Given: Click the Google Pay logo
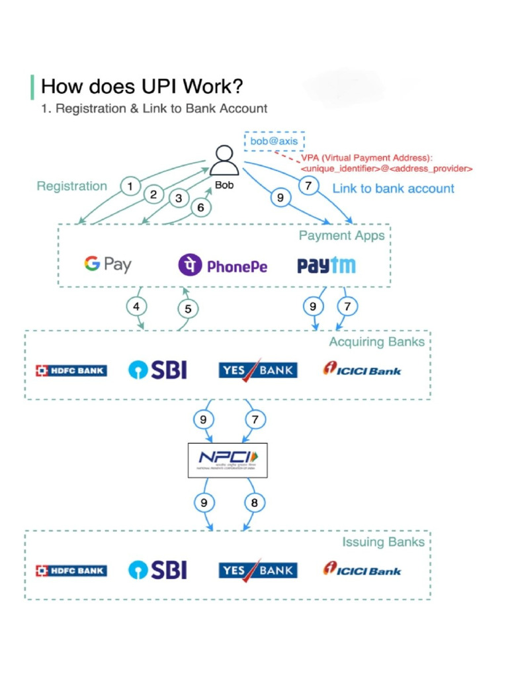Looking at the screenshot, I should coord(107,264).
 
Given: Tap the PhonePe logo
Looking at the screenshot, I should coord(223,266).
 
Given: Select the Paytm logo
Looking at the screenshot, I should coord(326,266).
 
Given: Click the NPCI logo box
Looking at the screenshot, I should coord(228,459).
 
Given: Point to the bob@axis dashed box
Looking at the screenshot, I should coord(274,141).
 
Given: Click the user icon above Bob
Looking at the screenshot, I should coord(225,161).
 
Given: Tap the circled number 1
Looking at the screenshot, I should coord(130,187).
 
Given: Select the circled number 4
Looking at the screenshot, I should coord(136,306).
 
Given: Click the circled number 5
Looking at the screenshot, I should coord(188,309).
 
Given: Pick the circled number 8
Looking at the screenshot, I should coord(254,503).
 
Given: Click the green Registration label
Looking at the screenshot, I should coord(71,186).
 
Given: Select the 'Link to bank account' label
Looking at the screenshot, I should coord(393,188).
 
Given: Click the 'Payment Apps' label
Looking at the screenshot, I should coord(341,236).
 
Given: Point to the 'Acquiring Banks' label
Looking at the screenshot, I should coord(376,342).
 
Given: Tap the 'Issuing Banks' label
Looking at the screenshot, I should coord(382,542).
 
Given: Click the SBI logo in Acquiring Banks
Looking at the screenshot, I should coord(157,370).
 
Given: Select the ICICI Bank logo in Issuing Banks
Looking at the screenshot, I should coord(362,569).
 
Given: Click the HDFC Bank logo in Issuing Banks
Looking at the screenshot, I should coord(71,571).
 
